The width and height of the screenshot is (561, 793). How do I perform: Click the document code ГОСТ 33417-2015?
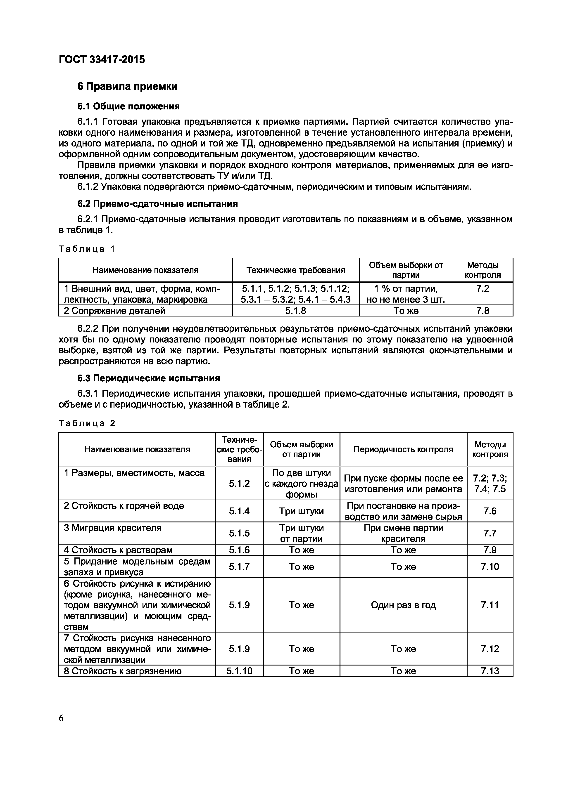[102, 60]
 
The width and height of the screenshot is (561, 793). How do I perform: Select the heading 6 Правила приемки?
[127, 86]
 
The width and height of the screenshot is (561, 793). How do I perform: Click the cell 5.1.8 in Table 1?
[295, 311]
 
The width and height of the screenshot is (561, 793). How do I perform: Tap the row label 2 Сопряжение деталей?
[114, 311]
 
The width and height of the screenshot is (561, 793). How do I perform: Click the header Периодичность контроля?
[403, 449]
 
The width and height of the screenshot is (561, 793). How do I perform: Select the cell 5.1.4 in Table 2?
[239, 511]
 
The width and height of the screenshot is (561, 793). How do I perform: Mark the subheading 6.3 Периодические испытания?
[149, 378]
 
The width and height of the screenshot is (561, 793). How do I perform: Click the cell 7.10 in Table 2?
[490, 567]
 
